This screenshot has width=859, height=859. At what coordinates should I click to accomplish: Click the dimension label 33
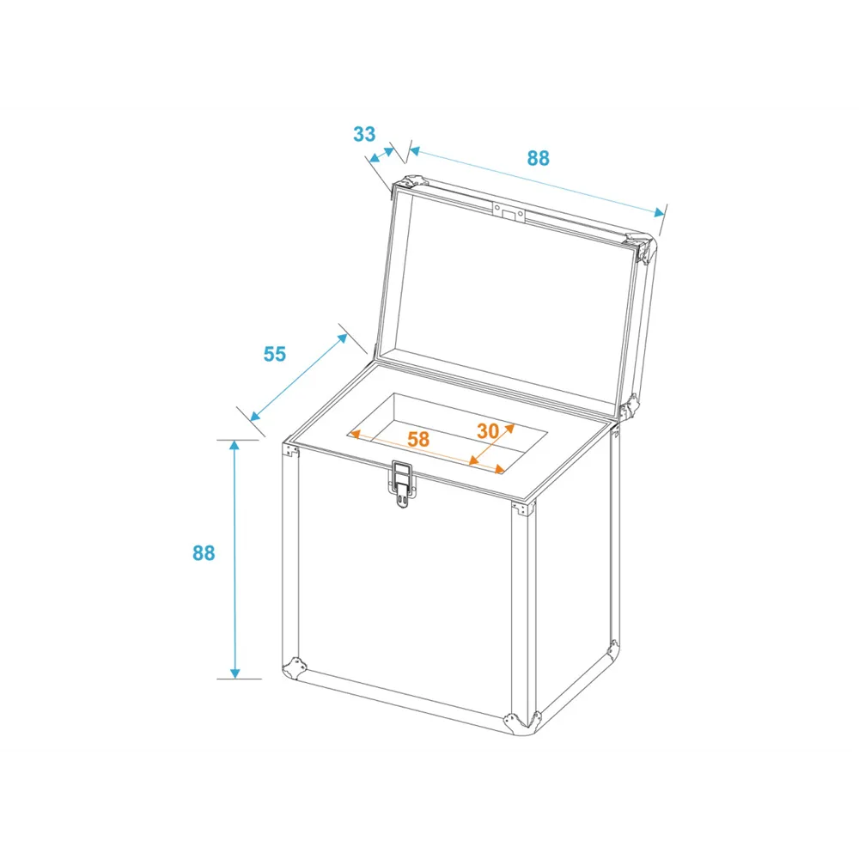tap(364, 134)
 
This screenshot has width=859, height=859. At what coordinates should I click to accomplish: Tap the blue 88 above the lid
tap(538, 158)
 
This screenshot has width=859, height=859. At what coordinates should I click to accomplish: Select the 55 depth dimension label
tap(275, 354)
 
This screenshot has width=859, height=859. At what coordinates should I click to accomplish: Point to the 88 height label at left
tap(204, 553)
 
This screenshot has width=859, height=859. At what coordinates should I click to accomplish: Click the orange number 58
tap(418, 439)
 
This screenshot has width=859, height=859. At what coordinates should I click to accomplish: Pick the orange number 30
tap(488, 431)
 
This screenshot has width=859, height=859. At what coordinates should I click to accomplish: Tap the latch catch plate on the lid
tap(509, 212)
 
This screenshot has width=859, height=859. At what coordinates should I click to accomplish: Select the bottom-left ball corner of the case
tap(294, 668)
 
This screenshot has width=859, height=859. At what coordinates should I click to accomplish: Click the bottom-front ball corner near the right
tap(522, 722)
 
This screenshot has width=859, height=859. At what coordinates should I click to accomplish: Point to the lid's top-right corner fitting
tap(642, 247)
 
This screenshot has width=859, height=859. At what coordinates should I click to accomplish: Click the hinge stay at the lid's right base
tap(630, 407)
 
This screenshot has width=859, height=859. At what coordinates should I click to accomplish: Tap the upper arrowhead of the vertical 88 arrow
tap(235, 446)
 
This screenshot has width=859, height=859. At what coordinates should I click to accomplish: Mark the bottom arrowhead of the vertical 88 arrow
tap(235, 673)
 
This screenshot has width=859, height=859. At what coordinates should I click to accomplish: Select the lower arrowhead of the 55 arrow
tap(255, 416)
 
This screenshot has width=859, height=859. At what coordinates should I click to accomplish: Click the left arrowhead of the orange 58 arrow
tap(355, 435)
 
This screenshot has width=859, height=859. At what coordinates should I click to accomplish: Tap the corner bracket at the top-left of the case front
tap(290, 450)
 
